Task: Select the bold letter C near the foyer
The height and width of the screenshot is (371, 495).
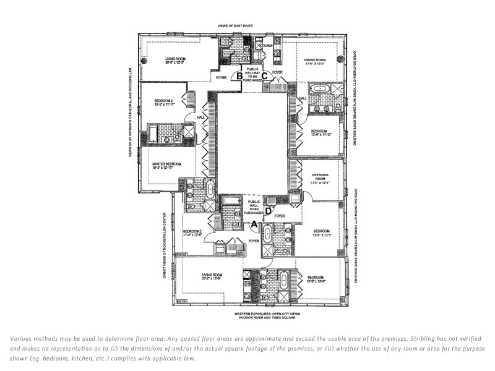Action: pyautogui.click(x=264, y=76)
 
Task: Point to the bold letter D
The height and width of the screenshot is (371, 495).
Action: pyautogui.click(x=268, y=211)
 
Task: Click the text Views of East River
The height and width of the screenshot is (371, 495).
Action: pyautogui.click(x=244, y=25)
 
